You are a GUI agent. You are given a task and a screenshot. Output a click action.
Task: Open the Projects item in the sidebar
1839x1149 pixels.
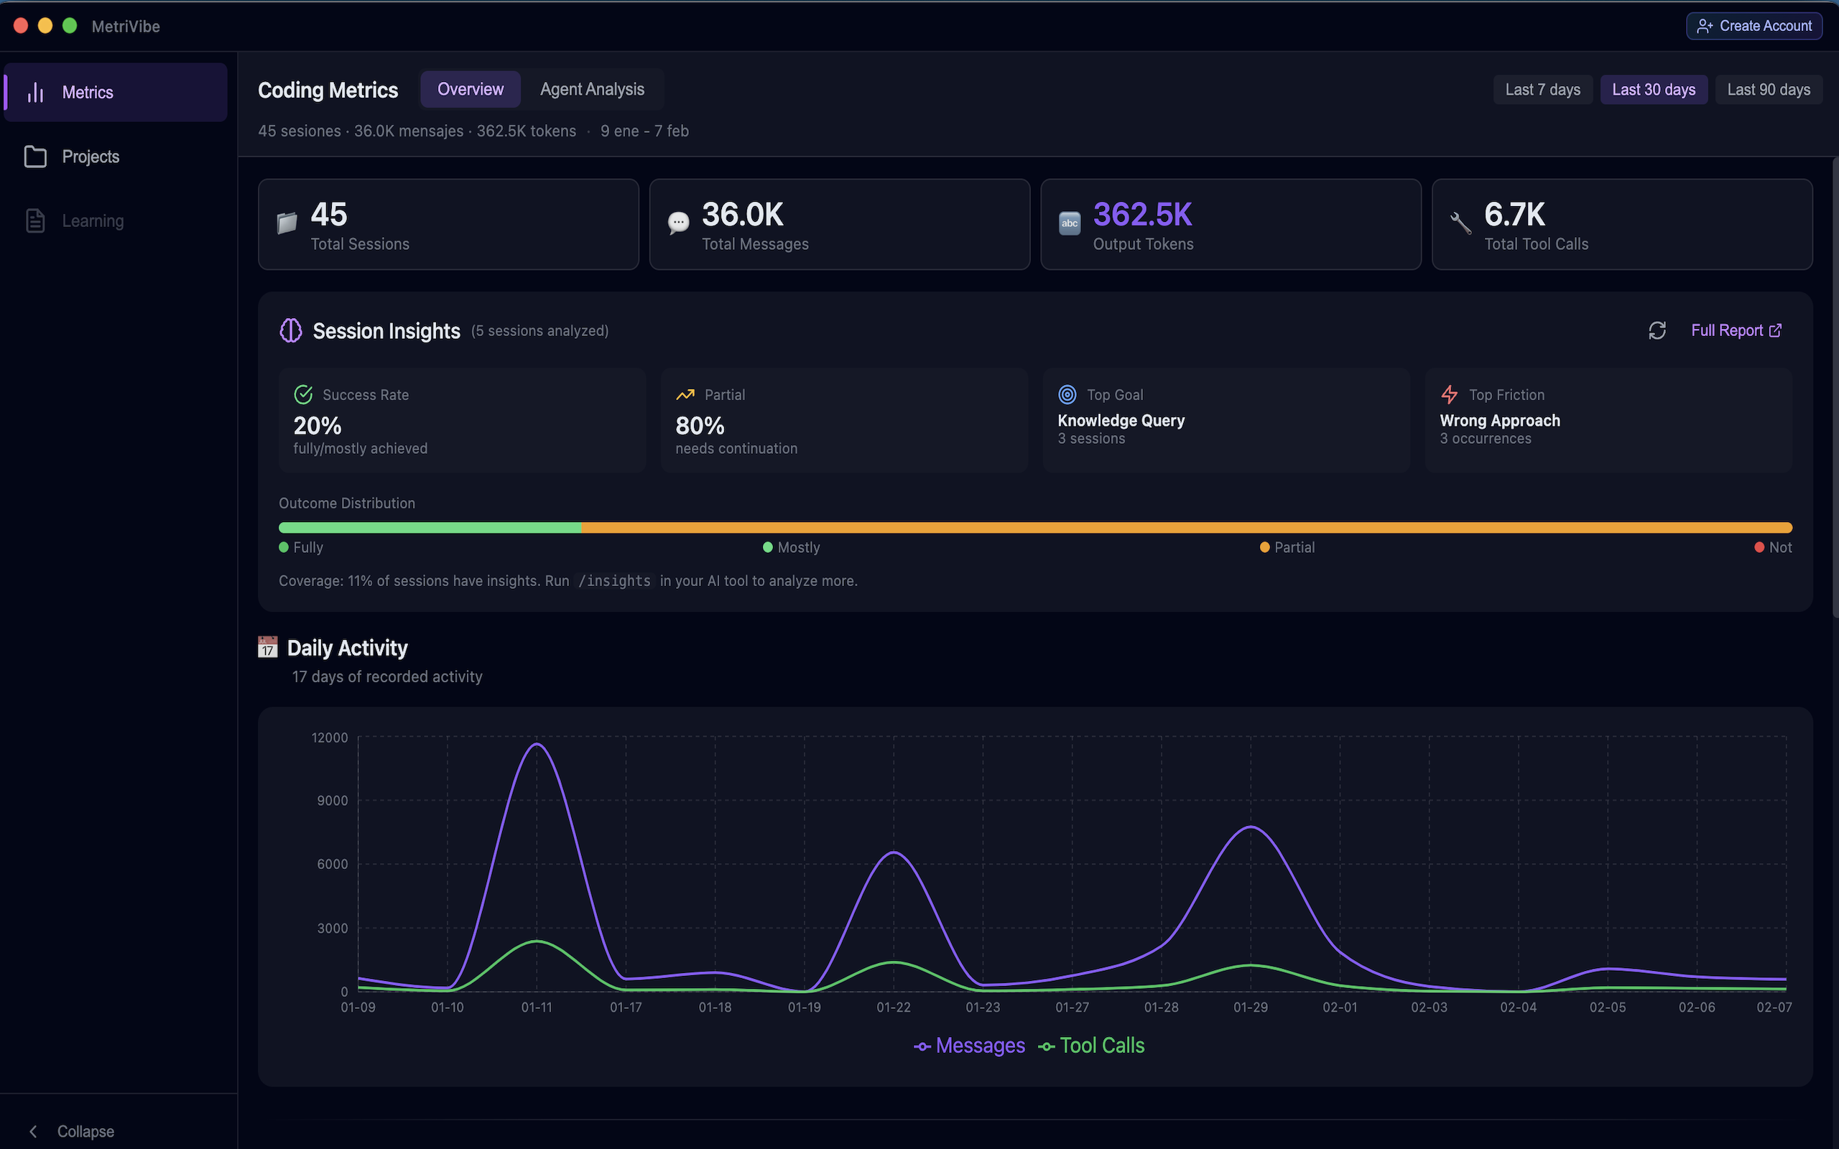(91, 157)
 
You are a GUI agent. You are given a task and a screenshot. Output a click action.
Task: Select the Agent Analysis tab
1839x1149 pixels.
(592, 90)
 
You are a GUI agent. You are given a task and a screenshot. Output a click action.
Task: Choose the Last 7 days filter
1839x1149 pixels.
(1542, 90)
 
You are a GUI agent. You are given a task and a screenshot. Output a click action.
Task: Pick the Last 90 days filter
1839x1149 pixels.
(1768, 90)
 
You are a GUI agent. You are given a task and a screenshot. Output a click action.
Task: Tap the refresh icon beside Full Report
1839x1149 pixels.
(1657, 330)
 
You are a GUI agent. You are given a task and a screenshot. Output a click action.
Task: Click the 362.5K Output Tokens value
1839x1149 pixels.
(1142, 215)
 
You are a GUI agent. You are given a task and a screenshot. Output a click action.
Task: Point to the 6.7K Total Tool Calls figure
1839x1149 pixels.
(1514, 215)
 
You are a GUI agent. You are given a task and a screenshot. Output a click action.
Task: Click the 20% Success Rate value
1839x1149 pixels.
(318, 426)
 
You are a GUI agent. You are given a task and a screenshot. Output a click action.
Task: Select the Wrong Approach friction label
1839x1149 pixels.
(1499, 420)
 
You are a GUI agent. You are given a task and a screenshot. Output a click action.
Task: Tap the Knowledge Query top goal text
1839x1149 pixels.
(1121, 420)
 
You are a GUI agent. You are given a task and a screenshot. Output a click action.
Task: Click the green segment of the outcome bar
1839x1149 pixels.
(430, 527)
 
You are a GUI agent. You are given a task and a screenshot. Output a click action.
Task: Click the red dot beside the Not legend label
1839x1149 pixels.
(1759, 547)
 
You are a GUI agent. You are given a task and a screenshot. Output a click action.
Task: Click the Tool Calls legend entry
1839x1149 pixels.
(1091, 1046)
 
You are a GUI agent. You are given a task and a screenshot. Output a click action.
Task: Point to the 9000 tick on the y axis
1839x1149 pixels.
(332, 800)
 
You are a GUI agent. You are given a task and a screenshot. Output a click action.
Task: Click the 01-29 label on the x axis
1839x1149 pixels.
(1250, 1007)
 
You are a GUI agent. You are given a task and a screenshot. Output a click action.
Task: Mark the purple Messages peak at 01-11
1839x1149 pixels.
(537, 744)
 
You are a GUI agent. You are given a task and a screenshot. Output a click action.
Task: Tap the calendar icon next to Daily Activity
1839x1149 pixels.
(267, 648)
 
